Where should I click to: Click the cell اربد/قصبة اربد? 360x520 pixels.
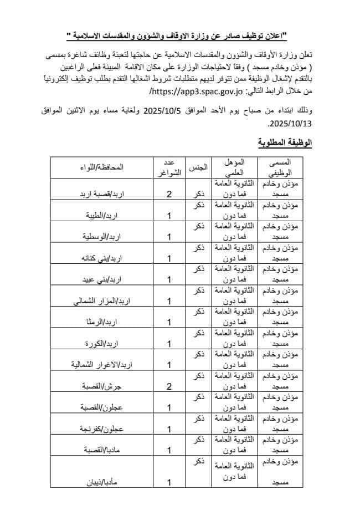(x=101, y=195)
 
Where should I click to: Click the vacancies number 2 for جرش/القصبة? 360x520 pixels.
(x=169, y=386)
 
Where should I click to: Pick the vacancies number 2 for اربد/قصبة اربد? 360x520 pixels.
(x=169, y=195)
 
